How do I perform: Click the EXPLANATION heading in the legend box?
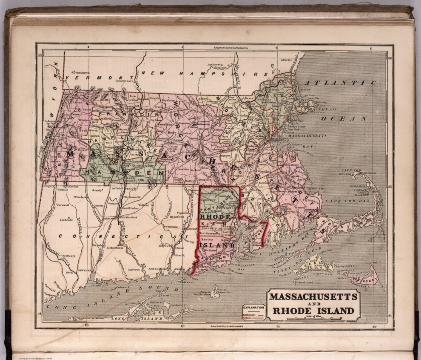pos(254,307)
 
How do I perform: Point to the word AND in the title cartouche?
pos(312,304)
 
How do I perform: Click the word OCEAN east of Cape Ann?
pos(344,119)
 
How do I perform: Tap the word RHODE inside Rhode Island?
pos(214,217)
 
